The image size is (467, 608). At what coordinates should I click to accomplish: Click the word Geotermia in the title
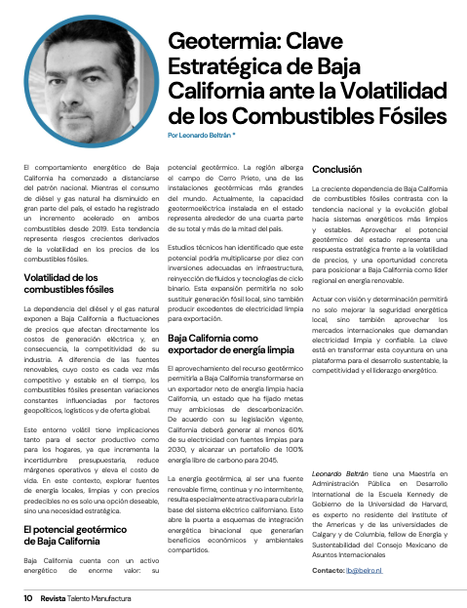[x=214, y=42]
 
